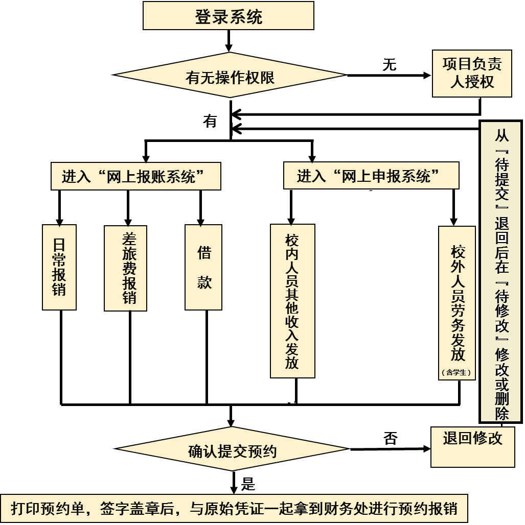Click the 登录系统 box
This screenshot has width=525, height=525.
(x=228, y=16)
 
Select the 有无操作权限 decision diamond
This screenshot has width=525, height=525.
(x=230, y=76)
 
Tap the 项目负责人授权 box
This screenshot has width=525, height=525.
(x=472, y=73)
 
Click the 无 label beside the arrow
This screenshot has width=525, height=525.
(x=390, y=64)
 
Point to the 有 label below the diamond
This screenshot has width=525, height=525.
(x=210, y=121)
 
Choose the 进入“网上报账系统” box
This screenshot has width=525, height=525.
(x=136, y=177)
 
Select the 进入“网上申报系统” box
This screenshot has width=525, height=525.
(x=371, y=176)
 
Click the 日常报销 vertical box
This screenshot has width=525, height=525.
(x=59, y=267)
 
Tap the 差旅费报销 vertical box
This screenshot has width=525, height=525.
(x=125, y=268)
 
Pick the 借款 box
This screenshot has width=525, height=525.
(x=203, y=267)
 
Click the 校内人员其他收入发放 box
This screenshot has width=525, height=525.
(x=292, y=301)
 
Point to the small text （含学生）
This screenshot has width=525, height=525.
(x=456, y=373)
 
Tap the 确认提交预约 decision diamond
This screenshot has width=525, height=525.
(x=233, y=450)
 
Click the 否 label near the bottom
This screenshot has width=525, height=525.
(x=390, y=438)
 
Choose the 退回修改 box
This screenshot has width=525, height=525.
(x=472, y=446)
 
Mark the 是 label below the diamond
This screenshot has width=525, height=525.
(x=248, y=484)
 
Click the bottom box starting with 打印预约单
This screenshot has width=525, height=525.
(x=234, y=508)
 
